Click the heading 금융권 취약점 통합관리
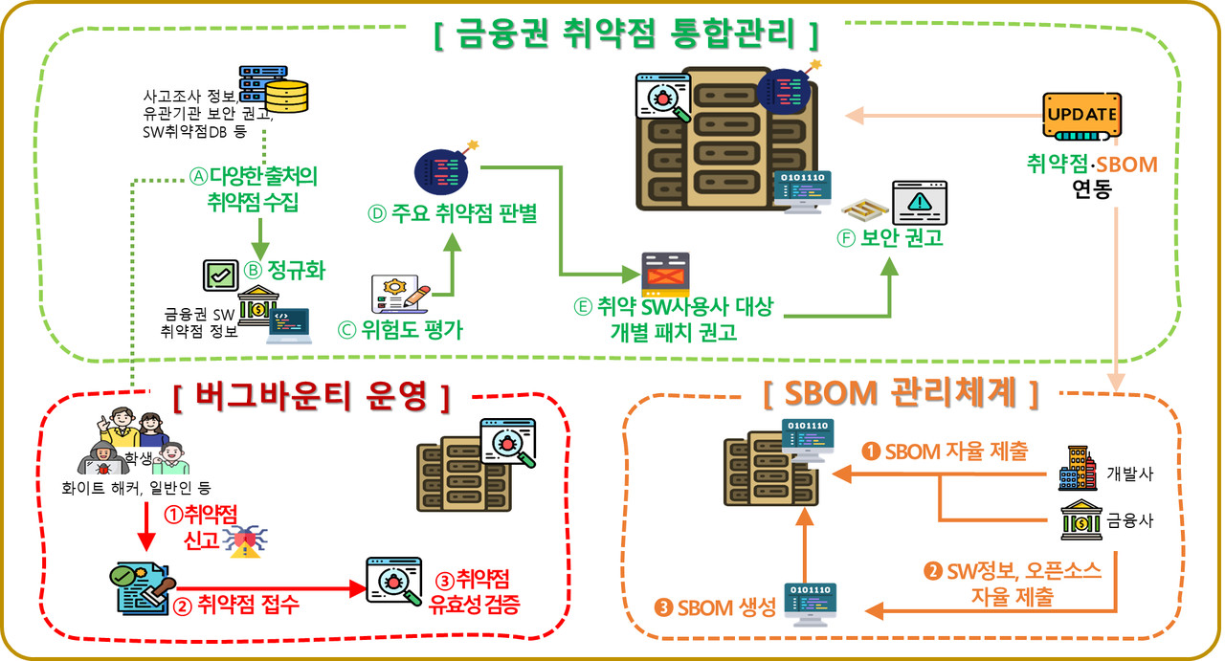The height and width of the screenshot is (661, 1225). [x=627, y=35]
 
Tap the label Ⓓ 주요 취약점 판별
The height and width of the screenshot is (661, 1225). [x=452, y=214]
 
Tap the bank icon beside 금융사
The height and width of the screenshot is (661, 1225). [x=1079, y=522]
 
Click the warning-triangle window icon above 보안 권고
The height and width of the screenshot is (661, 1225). [x=919, y=202]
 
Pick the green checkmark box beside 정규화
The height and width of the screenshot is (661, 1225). [x=221, y=275]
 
